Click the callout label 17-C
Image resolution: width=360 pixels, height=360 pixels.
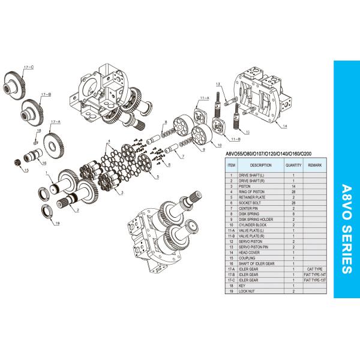(x=28, y=68)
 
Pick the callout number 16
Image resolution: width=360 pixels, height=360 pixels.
(x=43, y=163)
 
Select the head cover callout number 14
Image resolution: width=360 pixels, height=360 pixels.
(x=285, y=126)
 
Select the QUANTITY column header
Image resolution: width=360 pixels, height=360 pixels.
(x=293, y=164)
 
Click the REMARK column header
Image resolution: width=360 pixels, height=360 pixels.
(x=315, y=164)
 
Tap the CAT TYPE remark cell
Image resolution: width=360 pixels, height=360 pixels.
(x=315, y=269)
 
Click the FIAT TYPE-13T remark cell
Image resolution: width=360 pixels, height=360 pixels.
(x=315, y=280)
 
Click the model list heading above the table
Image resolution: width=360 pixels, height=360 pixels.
(x=268, y=153)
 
